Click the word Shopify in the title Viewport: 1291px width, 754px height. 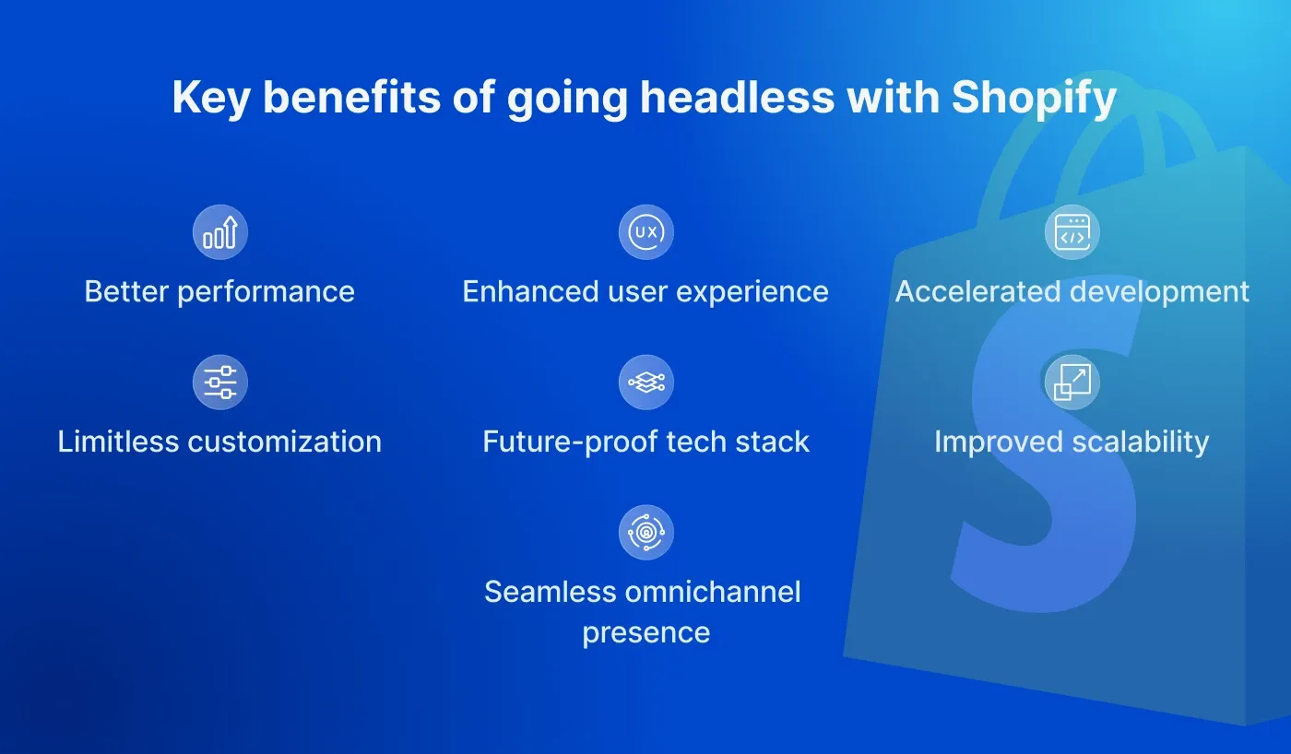click(1034, 99)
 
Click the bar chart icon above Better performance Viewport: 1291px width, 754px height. click(220, 232)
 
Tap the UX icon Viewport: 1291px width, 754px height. click(645, 232)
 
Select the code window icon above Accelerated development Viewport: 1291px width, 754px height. click(1072, 232)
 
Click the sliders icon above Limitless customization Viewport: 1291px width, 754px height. click(220, 382)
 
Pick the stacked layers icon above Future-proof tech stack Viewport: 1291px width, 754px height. click(645, 382)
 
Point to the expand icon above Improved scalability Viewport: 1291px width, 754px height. click(1072, 382)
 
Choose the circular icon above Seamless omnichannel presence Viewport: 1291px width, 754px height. click(645, 532)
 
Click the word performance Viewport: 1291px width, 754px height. click(266, 292)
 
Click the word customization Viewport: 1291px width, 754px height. click(284, 442)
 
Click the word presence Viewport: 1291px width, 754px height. click(645, 633)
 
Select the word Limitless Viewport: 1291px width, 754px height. click(118, 442)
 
